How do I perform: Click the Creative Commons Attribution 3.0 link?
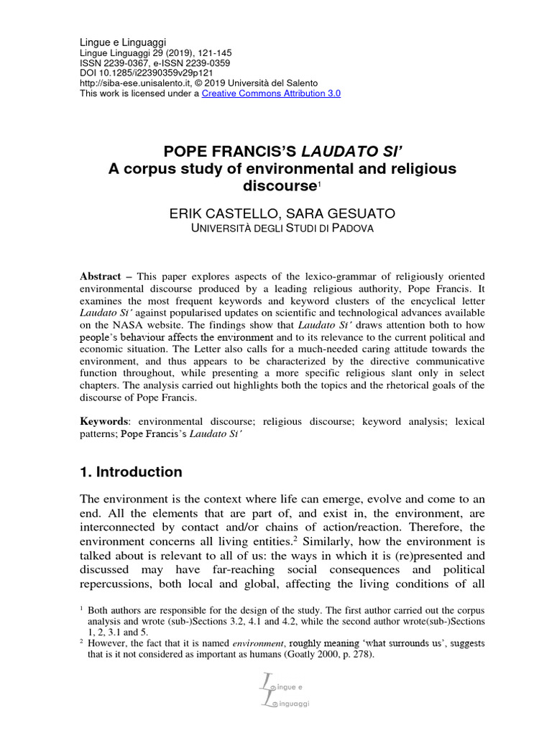(271, 93)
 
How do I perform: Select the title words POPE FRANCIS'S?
(231, 151)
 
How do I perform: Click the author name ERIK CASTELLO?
(218, 213)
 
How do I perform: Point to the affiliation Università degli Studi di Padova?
(275, 229)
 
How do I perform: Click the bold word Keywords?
(104, 421)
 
